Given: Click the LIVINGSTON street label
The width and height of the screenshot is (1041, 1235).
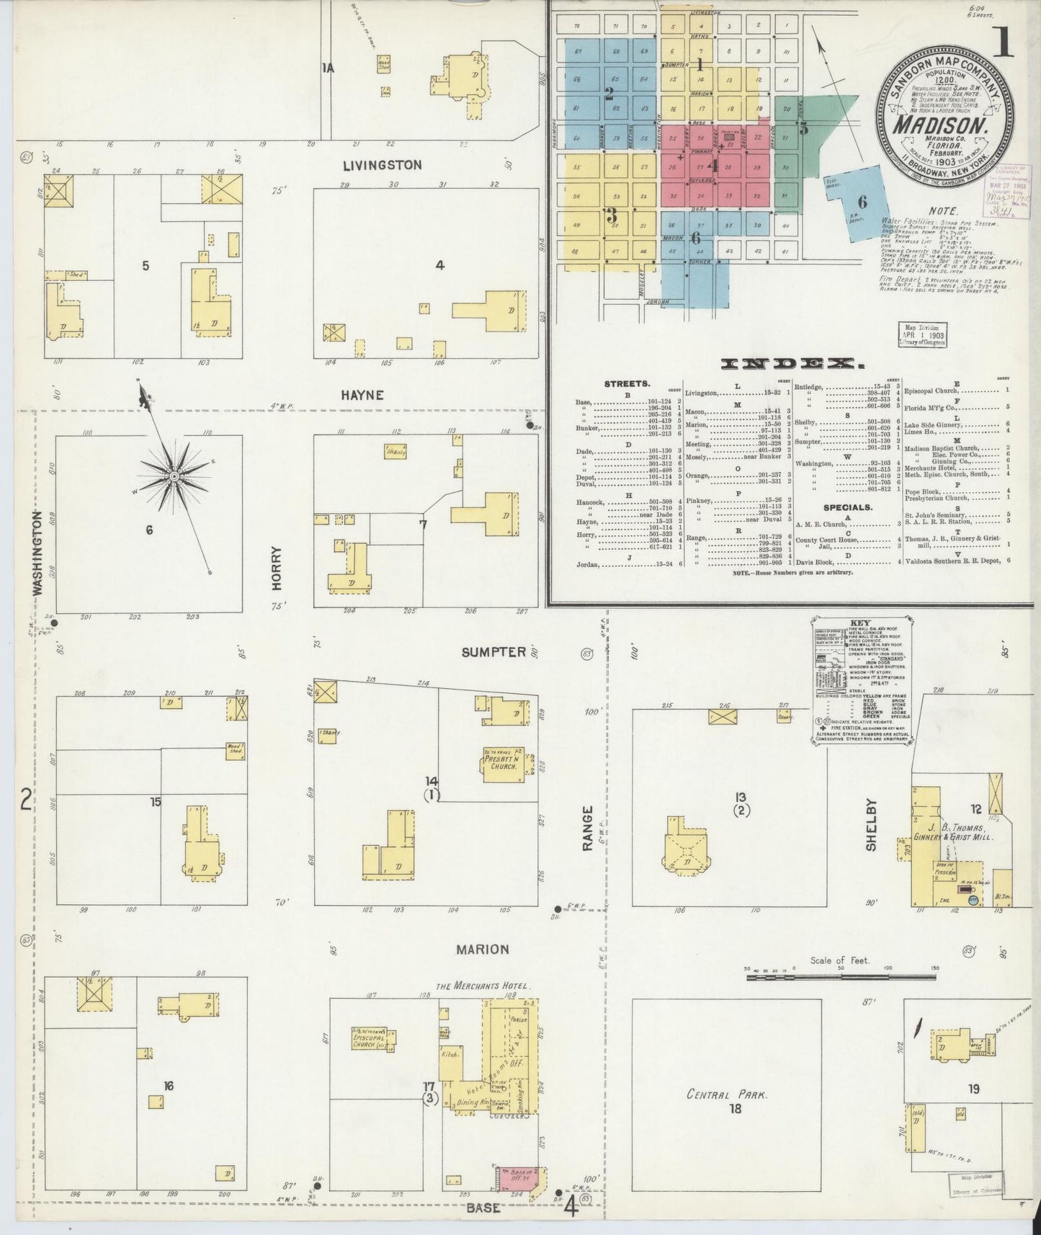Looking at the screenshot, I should [382, 165].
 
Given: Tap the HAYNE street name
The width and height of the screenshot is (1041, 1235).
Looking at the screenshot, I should [363, 395].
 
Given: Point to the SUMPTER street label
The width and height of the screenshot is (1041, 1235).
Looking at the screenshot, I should [493, 652].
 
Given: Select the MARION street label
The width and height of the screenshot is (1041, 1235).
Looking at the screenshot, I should [482, 949].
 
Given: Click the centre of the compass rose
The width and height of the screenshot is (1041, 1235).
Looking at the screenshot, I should [174, 476].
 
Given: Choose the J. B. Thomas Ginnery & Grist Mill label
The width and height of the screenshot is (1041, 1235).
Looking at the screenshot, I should [954, 831].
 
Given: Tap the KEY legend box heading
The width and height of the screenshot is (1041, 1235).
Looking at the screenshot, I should [859, 623].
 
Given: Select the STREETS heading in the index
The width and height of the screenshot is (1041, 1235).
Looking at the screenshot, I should [627, 384].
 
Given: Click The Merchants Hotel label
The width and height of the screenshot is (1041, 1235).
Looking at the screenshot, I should [483, 986].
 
